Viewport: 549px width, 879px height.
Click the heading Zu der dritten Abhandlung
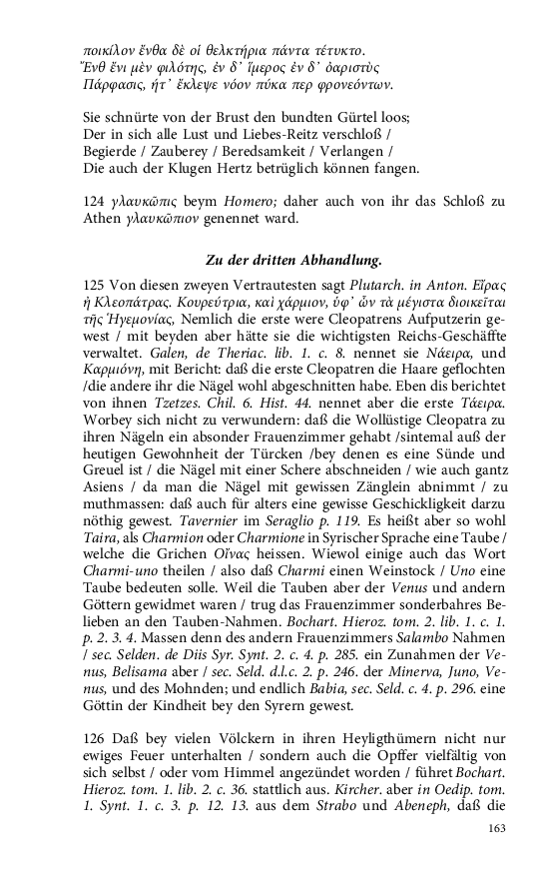click(x=293, y=261)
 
